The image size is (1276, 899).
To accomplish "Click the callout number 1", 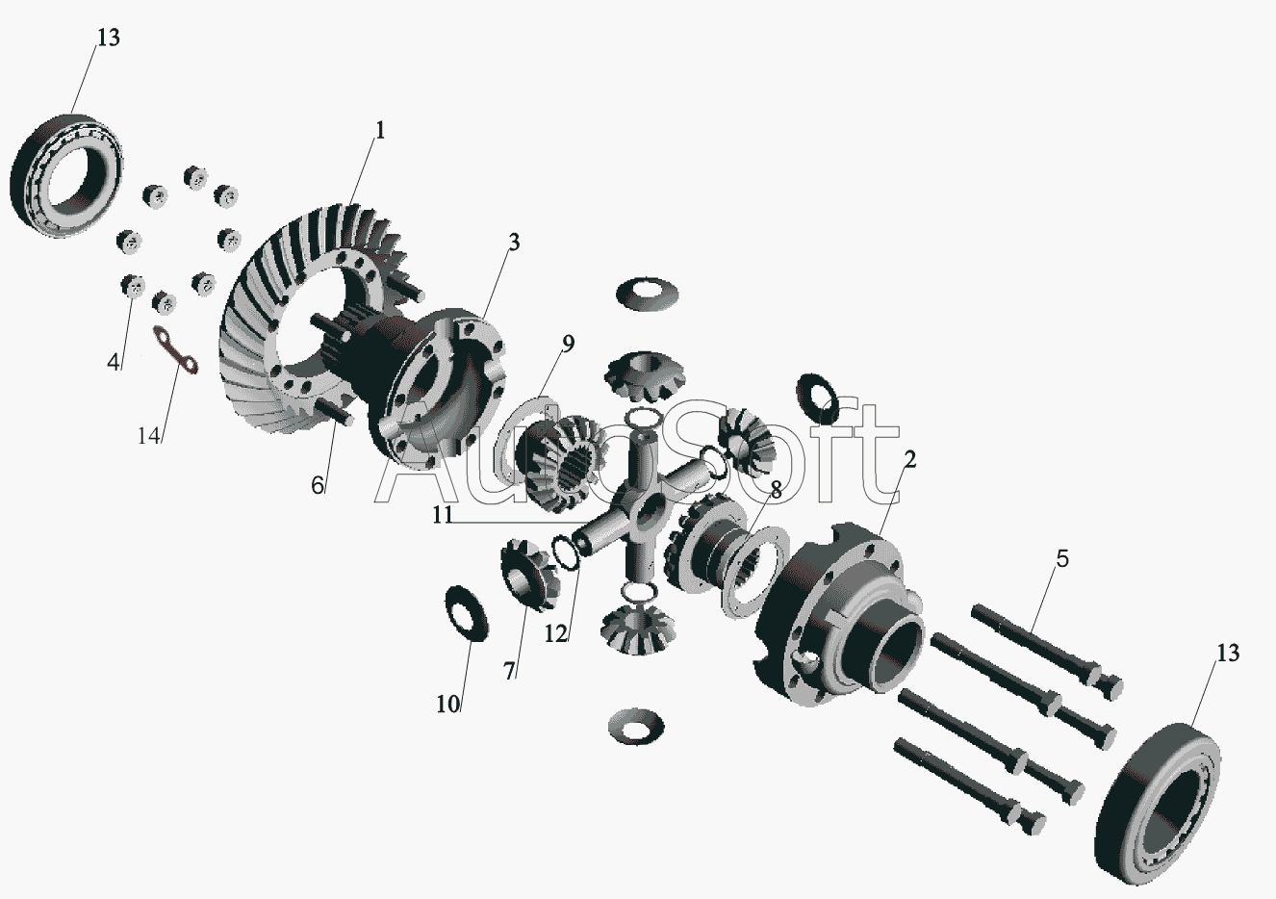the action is pos(380,131).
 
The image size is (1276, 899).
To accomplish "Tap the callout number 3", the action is pos(514,243).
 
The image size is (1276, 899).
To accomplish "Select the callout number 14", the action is pos(149,436).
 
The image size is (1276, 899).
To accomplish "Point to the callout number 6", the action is pos(318,485).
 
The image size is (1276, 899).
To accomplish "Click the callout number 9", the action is pos(568,344).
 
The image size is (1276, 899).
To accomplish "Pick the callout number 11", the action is pos(443,515).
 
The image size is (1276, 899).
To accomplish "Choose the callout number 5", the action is pos(1062,559).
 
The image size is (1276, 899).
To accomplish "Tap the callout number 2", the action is pos(909,460).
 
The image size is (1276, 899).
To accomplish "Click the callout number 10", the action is pos(448,705).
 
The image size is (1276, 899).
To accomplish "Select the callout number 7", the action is pos(509,671).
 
